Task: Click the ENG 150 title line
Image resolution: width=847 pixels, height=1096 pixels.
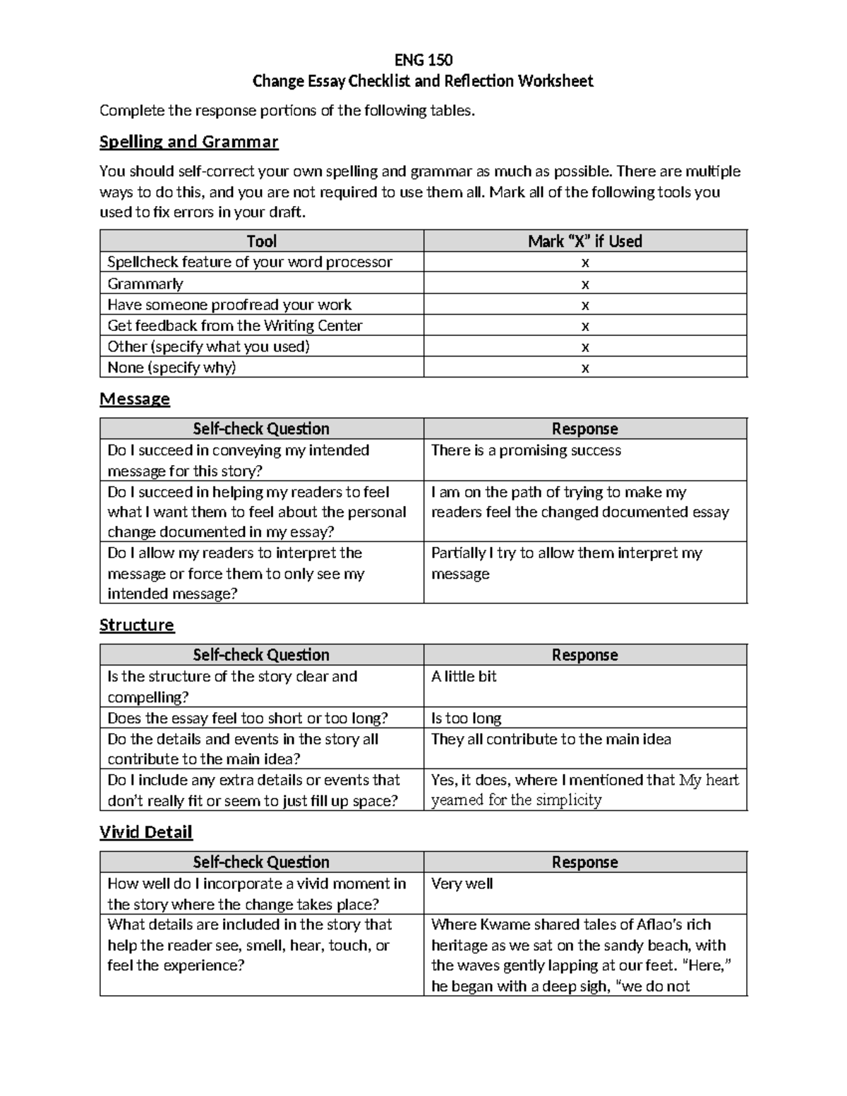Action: pos(423,59)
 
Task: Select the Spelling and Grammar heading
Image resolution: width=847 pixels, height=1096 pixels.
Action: pos(188,142)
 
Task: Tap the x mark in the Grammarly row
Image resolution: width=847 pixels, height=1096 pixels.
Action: pos(584,284)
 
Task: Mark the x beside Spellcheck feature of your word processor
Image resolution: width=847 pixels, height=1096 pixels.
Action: pos(584,263)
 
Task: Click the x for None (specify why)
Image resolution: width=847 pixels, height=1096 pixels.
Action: pos(584,368)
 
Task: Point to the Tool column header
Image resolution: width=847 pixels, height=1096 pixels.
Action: pos(261,241)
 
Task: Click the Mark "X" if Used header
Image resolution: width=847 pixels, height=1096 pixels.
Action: pos(584,241)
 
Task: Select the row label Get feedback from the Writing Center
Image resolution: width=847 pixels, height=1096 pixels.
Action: pos(234,326)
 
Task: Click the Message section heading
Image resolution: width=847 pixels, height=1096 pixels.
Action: pos(134,399)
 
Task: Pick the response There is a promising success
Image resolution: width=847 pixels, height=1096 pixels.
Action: pos(526,450)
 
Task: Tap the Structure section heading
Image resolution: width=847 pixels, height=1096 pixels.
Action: pos(136,625)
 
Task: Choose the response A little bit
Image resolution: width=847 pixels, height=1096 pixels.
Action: pos(464,676)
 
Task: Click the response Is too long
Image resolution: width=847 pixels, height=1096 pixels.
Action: pos(466,718)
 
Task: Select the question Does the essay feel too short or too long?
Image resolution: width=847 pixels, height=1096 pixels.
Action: pos(247,718)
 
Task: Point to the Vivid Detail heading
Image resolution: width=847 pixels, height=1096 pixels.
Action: pos(145,832)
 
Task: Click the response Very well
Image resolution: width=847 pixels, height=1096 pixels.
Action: pos(462,884)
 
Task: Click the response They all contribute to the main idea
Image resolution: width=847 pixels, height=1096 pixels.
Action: pos(551,739)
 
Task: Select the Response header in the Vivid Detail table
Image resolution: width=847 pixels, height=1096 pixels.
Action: pos(584,862)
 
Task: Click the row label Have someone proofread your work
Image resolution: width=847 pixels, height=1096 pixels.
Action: pos(229,305)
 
